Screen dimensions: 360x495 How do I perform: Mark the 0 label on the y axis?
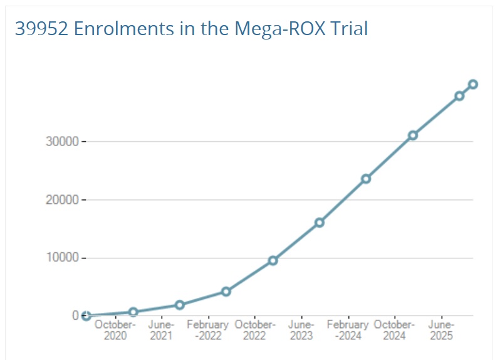[x=75, y=315]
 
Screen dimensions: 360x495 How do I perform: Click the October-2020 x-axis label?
[x=115, y=330]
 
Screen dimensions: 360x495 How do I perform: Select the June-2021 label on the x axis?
[x=161, y=330]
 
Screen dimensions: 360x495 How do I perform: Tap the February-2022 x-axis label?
[x=207, y=330]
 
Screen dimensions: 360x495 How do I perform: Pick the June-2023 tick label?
[x=301, y=330]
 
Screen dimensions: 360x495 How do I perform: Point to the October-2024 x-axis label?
[x=394, y=330]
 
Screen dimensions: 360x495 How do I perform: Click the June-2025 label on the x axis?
[x=441, y=330]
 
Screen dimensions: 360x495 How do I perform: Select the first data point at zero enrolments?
[x=86, y=315]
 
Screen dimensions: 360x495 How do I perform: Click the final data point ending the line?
[x=473, y=84]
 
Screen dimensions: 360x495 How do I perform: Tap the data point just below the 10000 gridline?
[x=273, y=260]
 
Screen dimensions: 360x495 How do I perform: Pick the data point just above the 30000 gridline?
[x=413, y=135]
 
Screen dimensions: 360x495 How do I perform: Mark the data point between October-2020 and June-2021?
[x=133, y=312]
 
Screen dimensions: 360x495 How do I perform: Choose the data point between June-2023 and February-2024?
[x=319, y=223]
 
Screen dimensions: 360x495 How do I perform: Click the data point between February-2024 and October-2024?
[x=366, y=179]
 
